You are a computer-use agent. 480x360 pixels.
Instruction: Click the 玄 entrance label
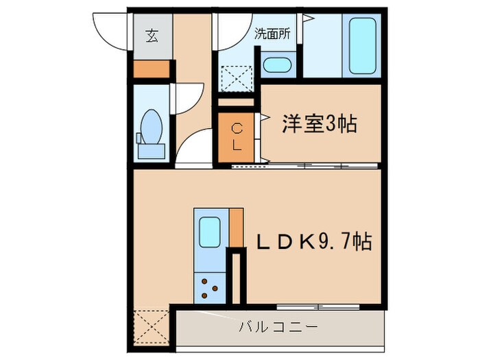click(151, 36)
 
